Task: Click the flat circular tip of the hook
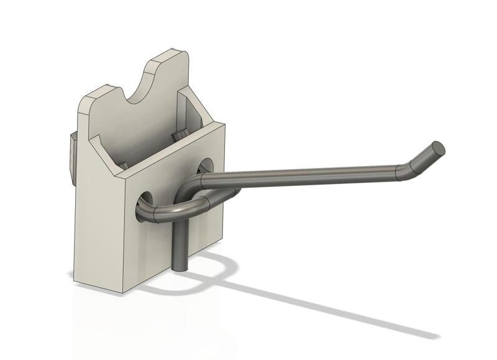(437, 148)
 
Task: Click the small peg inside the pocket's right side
(178, 134)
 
